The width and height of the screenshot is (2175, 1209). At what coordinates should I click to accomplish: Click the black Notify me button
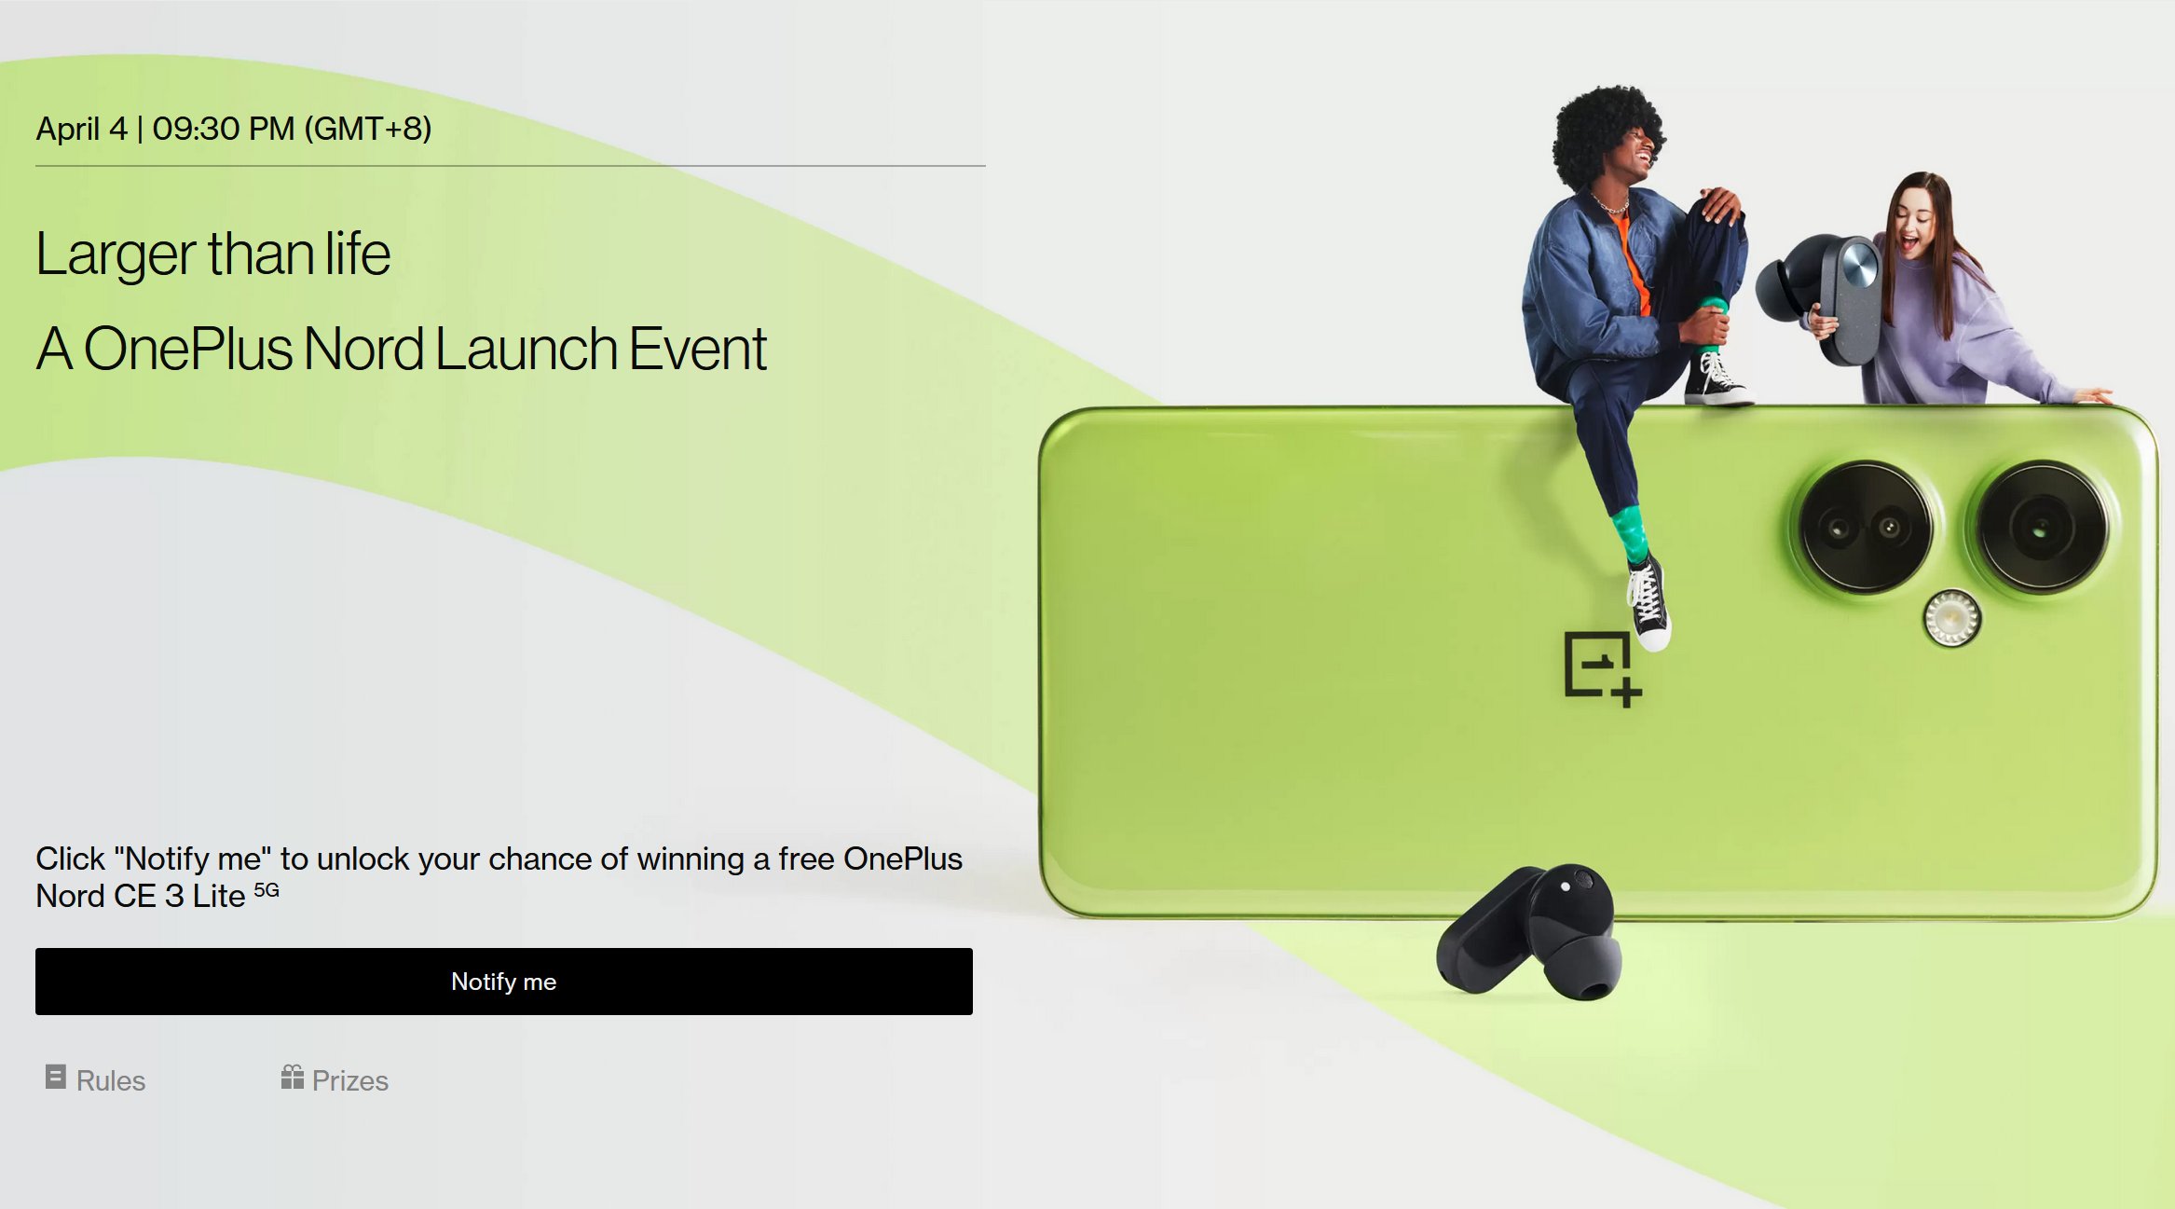click(503, 982)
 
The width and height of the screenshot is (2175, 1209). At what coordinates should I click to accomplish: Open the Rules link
click(110, 1080)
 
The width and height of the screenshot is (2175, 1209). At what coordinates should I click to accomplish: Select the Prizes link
click(349, 1080)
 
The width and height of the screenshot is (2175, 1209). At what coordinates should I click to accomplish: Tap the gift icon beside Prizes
click(292, 1077)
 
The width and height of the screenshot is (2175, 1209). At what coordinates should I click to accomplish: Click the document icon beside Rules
click(56, 1077)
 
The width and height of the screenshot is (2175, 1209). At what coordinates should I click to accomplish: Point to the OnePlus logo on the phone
click(1601, 667)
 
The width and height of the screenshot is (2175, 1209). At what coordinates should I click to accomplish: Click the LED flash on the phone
click(1951, 618)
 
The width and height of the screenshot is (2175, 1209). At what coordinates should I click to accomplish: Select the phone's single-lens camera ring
click(2041, 528)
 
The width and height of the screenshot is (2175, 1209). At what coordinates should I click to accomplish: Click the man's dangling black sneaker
click(1648, 601)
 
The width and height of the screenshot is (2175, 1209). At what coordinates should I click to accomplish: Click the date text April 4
click(81, 129)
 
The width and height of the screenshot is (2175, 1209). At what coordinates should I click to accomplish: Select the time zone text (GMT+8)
click(369, 129)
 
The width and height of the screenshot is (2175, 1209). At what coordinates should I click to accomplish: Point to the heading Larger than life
click(213, 254)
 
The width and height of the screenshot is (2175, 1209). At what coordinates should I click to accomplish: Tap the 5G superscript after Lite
click(267, 889)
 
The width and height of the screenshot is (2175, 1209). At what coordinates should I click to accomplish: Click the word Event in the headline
click(697, 349)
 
